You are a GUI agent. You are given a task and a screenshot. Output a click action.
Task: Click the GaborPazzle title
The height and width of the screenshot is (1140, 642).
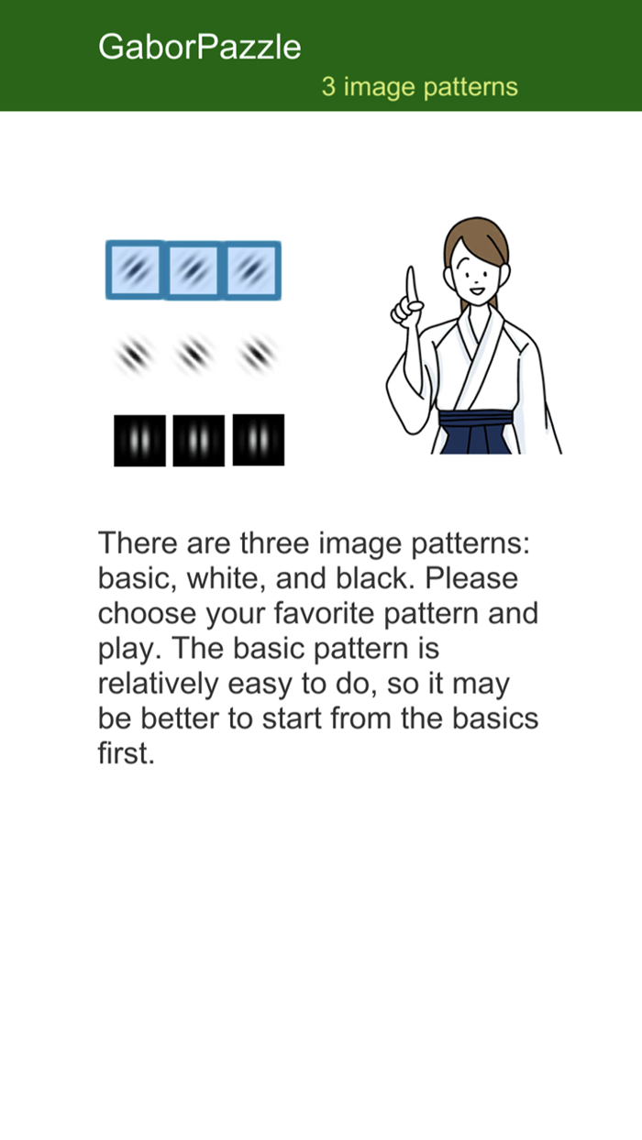[199, 47]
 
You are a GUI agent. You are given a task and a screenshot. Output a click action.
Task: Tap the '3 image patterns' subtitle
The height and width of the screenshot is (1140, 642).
[419, 87]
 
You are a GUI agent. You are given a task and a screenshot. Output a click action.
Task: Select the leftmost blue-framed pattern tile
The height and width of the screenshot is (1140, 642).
[135, 269]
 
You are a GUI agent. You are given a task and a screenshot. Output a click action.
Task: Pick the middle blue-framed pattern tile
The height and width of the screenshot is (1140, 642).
[193, 269]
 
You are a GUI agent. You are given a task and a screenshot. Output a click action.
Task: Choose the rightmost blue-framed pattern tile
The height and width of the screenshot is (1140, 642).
[251, 269]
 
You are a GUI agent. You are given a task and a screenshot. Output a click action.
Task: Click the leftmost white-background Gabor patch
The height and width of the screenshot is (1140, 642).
[135, 353]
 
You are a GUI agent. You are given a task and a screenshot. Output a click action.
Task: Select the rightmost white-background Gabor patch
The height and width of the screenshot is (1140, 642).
[257, 353]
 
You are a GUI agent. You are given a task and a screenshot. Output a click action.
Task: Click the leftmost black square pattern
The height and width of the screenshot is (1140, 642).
[139, 441]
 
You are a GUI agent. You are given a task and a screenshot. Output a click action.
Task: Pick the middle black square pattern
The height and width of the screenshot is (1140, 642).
[198, 441]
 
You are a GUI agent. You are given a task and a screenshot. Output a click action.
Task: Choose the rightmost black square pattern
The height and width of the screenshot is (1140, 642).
[258, 440]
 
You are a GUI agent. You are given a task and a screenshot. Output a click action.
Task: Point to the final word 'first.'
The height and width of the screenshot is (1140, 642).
[123, 753]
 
